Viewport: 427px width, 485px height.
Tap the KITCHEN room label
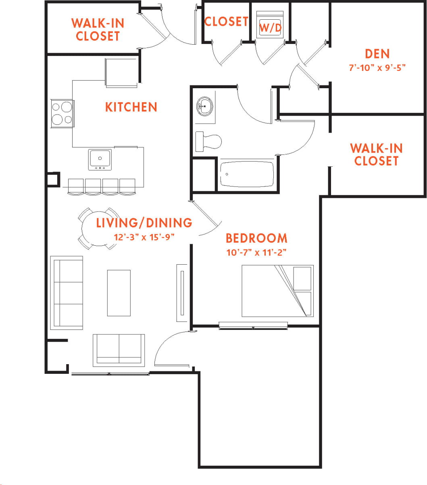pyautogui.click(x=131, y=107)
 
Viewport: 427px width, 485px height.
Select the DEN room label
pyautogui.click(x=377, y=54)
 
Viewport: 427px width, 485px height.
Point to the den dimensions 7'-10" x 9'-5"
pyautogui.click(x=377, y=68)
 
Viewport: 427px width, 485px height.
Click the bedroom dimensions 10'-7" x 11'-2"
pyautogui.click(x=256, y=253)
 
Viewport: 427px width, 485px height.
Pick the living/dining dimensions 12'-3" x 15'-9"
pyautogui.click(x=144, y=237)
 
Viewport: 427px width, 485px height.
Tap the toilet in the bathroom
pyautogui.click(x=208, y=141)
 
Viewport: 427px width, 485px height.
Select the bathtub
pyautogui.click(x=247, y=174)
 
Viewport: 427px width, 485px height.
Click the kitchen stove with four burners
pyautogui.click(x=62, y=113)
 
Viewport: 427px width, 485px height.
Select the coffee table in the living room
pyautogui.click(x=119, y=293)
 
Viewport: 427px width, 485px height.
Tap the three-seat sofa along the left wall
pyautogui.click(x=67, y=293)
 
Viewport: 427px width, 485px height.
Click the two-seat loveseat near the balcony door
pyautogui.click(x=119, y=350)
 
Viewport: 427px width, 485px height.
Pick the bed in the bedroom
pyautogui.click(x=277, y=290)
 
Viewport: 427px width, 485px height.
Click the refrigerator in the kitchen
pyautogui.click(x=121, y=73)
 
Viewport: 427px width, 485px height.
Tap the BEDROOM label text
pyautogui.click(x=256, y=238)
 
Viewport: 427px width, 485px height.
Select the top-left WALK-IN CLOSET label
pyautogui.click(x=98, y=29)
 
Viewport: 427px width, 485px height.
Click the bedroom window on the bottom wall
pyautogui.click(x=253, y=326)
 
